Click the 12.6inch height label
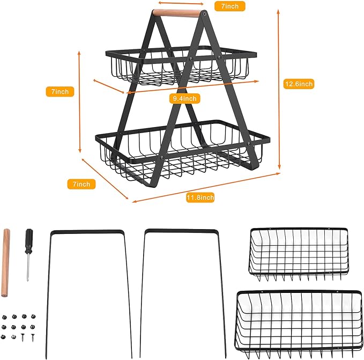pos(299,84)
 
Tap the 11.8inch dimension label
pos(200,197)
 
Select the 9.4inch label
pos(184,99)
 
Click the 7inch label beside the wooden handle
pos(229,6)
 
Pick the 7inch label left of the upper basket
pos(60,92)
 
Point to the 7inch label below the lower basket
pos(81,184)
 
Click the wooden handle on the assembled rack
pos(176,13)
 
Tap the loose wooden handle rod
pos(5,263)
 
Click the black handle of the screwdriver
pos(29,241)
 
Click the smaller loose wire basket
pos(299,254)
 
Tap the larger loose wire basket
pos(299,324)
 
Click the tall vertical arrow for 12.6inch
pos(279,90)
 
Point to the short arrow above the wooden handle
pos(181,3)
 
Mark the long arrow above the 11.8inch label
pos(206,188)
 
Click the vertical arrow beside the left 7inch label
pos(80,102)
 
